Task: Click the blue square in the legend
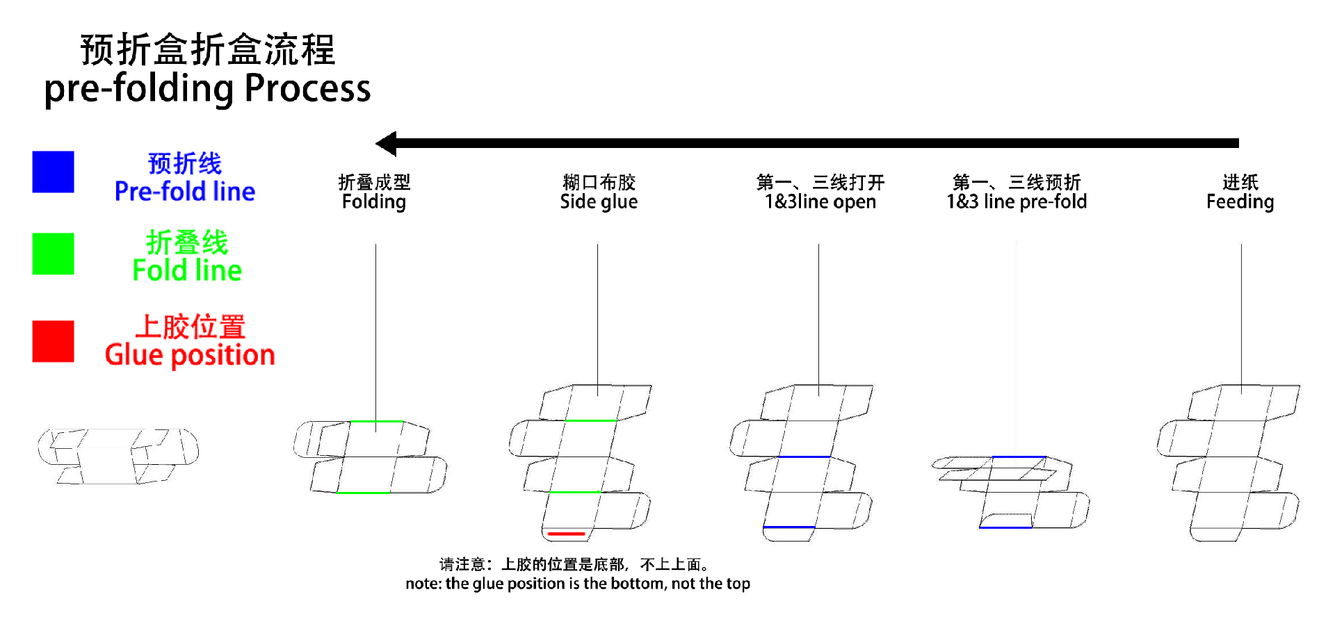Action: pos(53,172)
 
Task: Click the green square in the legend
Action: pos(53,254)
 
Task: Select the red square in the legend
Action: pos(53,341)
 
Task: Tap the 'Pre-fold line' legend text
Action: pos(185,191)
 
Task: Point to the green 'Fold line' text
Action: pos(187,270)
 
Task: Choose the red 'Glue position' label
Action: pos(190,355)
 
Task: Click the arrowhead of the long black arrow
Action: pos(386,144)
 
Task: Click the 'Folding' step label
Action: pos(374,202)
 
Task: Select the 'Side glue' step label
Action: pos(599,202)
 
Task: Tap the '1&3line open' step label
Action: pos(820,202)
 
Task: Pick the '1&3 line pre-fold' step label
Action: pos(1017,202)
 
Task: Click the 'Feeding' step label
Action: pos(1240,202)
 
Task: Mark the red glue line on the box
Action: pos(566,534)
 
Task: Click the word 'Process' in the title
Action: pos(307,89)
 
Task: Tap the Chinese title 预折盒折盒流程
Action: pos(208,50)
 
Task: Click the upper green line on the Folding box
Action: pos(375,421)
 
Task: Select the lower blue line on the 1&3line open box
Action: pos(788,527)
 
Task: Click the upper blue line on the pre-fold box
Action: pos(1019,457)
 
